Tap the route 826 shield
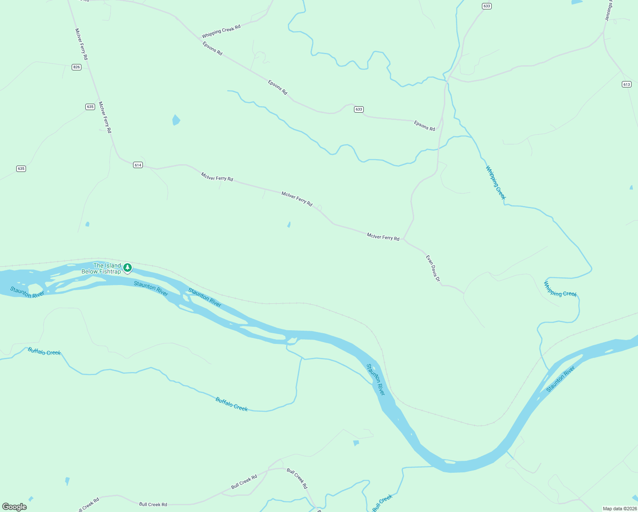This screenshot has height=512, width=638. [76, 67]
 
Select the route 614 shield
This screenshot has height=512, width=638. [137, 165]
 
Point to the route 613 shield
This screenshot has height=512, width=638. [626, 84]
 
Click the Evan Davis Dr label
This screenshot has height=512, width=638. [432, 268]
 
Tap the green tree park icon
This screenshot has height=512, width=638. [127, 268]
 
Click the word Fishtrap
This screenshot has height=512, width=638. [110, 272]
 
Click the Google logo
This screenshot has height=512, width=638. [14, 506]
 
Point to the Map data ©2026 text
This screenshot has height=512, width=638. [619, 509]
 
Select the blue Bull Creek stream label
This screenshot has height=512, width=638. [382, 503]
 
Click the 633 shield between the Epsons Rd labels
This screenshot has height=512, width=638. [359, 109]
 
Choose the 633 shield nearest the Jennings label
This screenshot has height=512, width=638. [487, 6]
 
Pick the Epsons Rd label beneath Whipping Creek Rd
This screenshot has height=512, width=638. [212, 48]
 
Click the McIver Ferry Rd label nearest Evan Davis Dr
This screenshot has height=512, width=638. [383, 237]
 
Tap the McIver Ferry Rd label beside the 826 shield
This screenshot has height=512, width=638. [81, 44]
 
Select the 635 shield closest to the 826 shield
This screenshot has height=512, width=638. [90, 107]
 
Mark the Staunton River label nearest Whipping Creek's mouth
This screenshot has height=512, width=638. [560, 379]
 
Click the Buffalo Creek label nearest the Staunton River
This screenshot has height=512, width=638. [232, 404]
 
